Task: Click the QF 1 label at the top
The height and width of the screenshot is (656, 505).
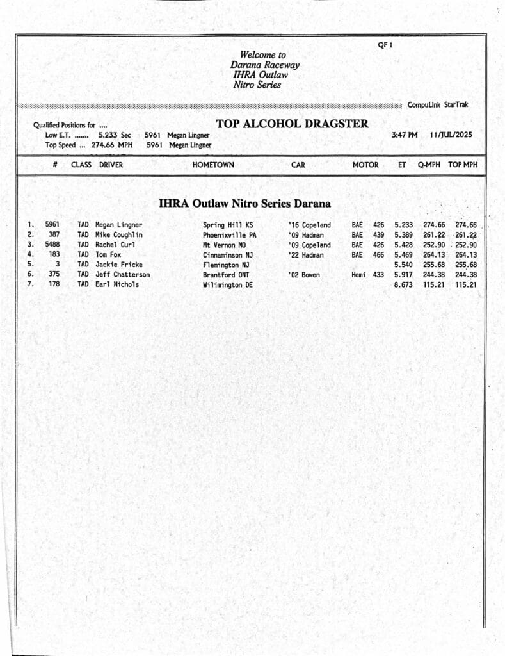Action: (385, 45)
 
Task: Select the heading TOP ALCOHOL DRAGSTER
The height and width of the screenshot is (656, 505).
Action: (292, 124)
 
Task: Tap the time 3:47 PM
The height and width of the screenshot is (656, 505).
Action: (404, 135)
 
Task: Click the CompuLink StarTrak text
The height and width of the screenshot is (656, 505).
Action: (438, 104)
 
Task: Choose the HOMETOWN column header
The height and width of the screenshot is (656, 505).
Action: (213, 165)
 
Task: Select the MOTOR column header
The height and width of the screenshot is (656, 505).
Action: (365, 165)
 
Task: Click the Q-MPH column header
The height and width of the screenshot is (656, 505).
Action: (429, 165)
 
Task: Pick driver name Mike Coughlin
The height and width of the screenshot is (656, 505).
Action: (119, 235)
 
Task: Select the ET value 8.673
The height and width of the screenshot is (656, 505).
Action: (403, 284)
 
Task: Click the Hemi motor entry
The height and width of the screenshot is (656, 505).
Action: (358, 275)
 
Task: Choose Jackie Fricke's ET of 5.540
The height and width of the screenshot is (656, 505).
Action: (403, 265)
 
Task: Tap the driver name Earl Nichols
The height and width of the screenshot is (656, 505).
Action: (117, 284)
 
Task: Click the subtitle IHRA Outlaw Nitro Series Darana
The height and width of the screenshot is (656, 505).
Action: (244, 204)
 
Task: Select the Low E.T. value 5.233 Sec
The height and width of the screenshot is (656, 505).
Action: (115, 135)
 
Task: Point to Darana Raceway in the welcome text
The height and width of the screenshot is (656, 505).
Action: (264, 65)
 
